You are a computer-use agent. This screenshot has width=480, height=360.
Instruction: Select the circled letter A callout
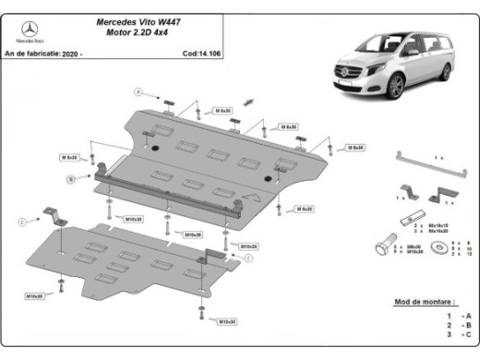(140, 91)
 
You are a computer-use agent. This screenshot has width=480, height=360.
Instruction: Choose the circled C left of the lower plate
(21, 222)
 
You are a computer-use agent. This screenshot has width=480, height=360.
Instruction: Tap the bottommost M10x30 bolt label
(226, 321)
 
